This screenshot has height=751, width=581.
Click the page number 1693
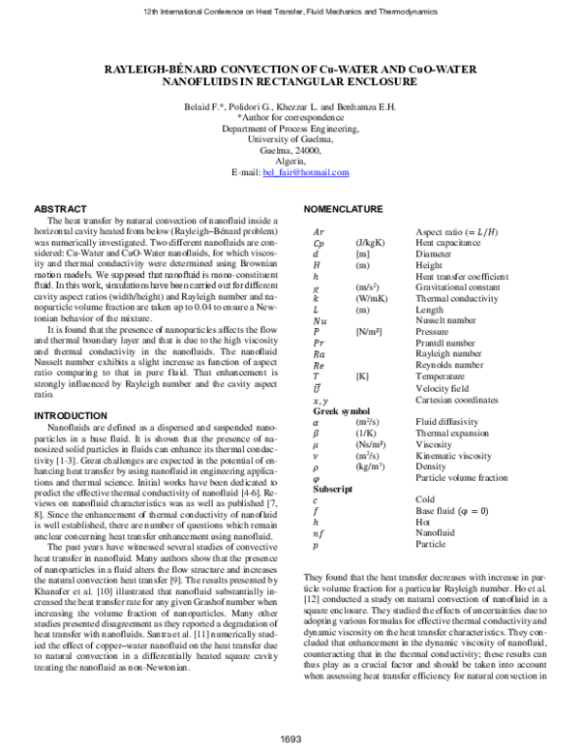click(x=291, y=739)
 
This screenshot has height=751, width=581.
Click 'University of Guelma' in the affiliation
click(x=291, y=138)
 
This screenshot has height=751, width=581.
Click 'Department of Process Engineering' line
click(x=291, y=128)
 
